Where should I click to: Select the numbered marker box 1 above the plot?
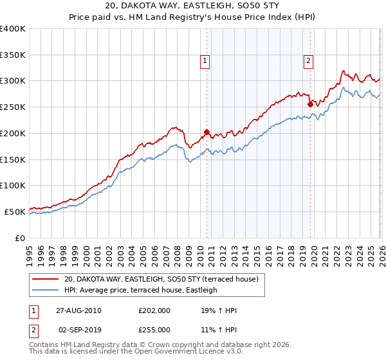(x=205, y=61)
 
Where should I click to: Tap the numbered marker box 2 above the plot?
(x=309, y=61)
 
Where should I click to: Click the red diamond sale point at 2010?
(x=207, y=132)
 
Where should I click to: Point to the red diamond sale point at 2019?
(x=310, y=104)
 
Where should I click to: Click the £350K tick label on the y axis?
(x=13, y=55)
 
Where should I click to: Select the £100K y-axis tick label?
(x=13, y=185)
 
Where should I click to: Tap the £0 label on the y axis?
(x=19, y=238)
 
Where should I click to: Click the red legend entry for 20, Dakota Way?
(x=161, y=279)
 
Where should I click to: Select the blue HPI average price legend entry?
(x=140, y=290)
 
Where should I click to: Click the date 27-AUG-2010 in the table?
(x=79, y=310)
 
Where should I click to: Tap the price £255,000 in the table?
(x=154, y=329)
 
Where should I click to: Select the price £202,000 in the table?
(x=154, y=310)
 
